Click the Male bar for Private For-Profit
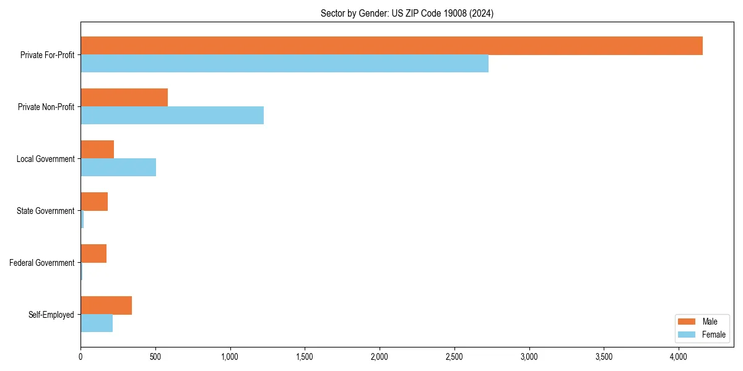click(x=391, y=46)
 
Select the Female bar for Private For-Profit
click(x=284, y=64)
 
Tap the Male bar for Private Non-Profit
click(x=124, y=98)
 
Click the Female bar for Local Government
click(x=118, y=168)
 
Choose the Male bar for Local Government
click(x=97, y=150)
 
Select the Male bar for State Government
click(x=94, y=202)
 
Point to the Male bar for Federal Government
click(x=93, y=254)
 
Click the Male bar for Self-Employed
click(x=106, y=305)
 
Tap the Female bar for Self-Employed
click(x=97, y=323)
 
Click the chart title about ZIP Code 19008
click(x=407, y=13)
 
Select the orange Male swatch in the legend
click(x=687, y=322)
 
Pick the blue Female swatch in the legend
click(x=687, y=335)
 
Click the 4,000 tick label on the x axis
click(x=679, y=357)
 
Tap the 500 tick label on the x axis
click(x=155, y=357)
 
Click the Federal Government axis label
click(x=42, y=263)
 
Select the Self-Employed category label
click(x=51, y=315)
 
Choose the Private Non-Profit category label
click(x=46, y=107)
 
